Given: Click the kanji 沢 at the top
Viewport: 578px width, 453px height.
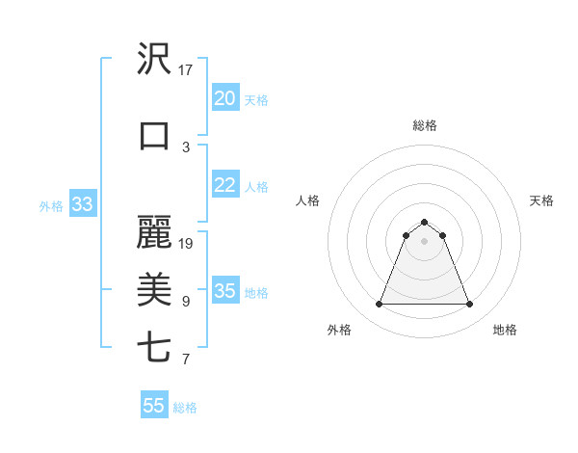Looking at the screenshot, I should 154,61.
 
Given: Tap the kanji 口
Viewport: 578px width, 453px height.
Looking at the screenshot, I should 154,136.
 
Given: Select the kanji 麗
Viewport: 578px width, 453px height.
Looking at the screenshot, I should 154,232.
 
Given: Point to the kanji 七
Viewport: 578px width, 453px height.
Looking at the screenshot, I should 154,348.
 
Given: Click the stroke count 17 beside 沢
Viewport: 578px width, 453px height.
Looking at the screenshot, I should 186,70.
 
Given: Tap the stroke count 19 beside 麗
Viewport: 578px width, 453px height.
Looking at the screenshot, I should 186,243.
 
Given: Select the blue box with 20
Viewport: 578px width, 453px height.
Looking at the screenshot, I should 224,98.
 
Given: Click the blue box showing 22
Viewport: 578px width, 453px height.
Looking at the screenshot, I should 224,185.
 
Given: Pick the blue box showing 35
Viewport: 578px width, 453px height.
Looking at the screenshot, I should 224,291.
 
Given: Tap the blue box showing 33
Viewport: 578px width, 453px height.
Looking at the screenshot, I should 82,204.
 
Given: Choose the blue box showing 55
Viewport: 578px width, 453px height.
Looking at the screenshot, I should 154,406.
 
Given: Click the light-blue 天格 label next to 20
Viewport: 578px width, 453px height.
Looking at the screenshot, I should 255,99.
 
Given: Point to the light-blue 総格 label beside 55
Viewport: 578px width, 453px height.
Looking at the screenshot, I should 185,408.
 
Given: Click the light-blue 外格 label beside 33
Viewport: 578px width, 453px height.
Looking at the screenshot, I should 51,205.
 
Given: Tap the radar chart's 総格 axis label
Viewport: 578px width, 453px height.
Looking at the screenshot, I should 425,125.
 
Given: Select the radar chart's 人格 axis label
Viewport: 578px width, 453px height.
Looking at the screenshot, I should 308,200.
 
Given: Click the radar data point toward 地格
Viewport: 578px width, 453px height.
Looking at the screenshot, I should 470,305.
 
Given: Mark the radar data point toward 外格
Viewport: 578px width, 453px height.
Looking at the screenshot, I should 379,305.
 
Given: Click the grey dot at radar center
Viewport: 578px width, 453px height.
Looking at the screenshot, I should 425,241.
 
